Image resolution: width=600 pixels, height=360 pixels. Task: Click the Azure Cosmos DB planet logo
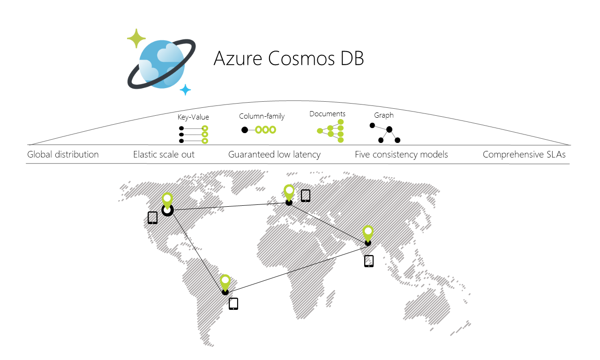[x=160, y=64]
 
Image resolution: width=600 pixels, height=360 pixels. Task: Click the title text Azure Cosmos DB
[x=288, y=58]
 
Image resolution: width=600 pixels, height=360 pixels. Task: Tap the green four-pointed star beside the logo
[x=136, y=38]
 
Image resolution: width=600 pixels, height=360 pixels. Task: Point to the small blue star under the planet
[x=186, y=90]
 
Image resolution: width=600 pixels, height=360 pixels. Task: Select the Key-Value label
[x=193, y=117]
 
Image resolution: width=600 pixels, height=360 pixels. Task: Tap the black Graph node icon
[x=385, y=133]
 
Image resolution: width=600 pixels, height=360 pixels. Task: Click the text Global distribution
[x=63, y=154]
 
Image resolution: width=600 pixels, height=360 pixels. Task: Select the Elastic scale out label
[x=164, y=154]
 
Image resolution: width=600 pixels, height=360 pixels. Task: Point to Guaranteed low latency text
[x=274, y=154]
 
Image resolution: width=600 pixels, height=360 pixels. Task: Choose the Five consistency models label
[x=401, y=154]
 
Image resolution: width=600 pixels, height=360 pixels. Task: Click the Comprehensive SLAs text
[x=524, y=154]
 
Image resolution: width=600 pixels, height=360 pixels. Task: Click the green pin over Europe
[x=289, y=192]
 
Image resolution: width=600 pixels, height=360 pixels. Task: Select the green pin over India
[x=368, y=232]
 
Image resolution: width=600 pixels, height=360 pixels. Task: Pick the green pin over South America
[x=225, y=282]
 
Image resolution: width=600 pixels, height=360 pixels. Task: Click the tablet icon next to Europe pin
[x=306, y=195]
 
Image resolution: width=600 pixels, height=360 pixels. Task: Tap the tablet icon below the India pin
[x=369, y=261]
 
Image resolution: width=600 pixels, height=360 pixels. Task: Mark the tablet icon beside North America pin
[x=152, y=217]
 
